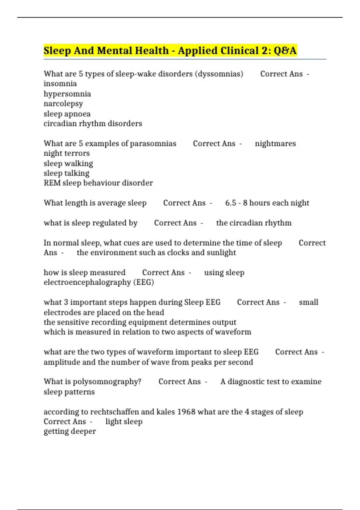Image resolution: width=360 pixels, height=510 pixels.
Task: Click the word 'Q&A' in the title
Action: pos(285,50)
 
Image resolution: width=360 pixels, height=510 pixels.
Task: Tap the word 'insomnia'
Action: pos(60,84)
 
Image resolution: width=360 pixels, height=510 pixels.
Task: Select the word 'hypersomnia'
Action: pos(67,94)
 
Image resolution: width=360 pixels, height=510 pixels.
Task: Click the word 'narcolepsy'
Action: pos(63,104)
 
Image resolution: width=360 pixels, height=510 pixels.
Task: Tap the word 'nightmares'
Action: pos(275,143)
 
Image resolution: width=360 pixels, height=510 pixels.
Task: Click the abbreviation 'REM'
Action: pos(52,183)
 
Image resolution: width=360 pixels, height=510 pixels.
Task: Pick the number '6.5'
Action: pos(231,203)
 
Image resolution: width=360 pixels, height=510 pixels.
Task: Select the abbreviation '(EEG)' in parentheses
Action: pos(144,282)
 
